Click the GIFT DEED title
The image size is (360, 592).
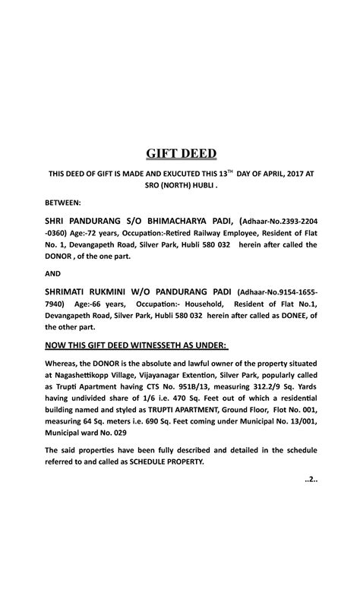179,154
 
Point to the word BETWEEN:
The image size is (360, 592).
68,203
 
